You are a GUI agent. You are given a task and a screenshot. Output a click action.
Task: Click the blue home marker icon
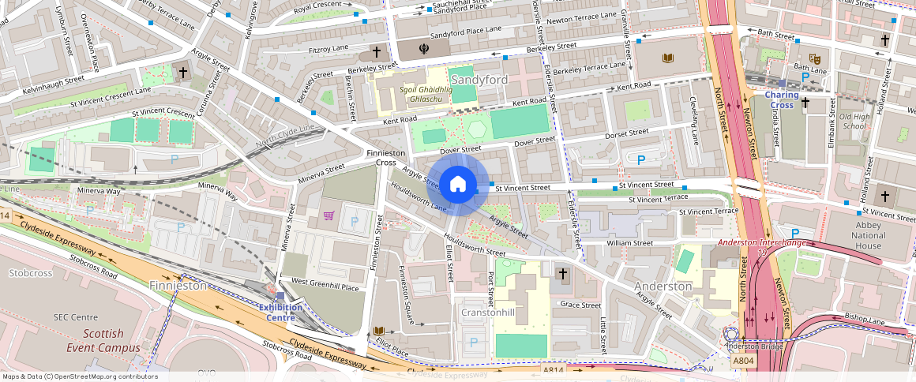pos(457,185)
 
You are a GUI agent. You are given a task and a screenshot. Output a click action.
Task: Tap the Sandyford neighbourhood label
pos(479,80)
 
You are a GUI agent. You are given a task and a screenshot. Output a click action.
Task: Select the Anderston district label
pos(663,286)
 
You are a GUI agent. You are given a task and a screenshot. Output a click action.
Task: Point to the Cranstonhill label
pos(487,312)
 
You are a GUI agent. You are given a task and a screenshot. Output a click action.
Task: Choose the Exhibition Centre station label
pos(282,313)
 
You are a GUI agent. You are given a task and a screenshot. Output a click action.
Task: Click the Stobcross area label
pos(30,273)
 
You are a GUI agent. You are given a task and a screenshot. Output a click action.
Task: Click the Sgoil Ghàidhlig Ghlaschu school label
pos(426,95)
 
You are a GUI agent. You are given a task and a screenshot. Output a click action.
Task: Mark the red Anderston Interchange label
pos(762,243)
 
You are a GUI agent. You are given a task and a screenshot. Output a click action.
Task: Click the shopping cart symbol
pos(328,215)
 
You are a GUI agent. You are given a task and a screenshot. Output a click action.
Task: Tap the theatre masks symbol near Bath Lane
pos(819,58)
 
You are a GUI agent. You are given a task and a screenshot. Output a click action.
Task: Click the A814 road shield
pos(554,369)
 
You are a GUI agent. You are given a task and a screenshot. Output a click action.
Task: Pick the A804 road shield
pos(743,361)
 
